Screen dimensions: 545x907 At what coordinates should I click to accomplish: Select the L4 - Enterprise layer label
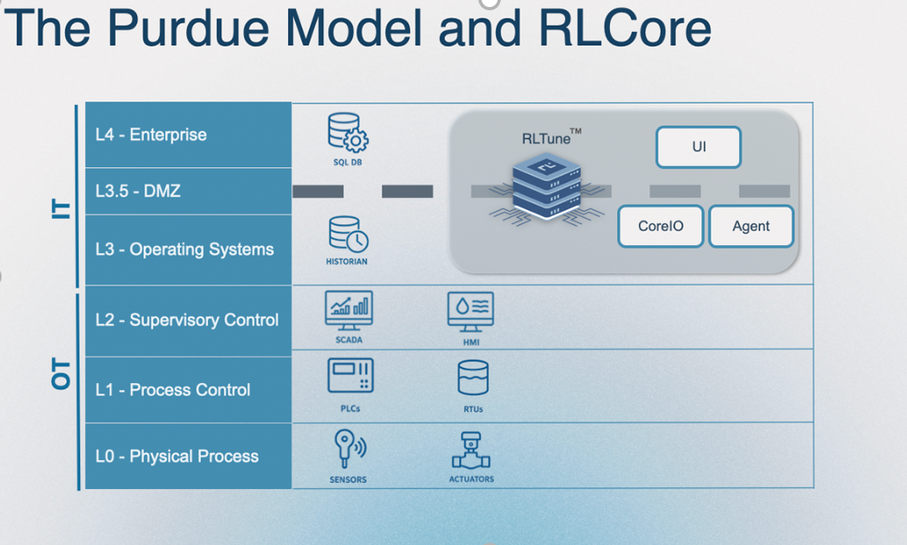pos(151,135)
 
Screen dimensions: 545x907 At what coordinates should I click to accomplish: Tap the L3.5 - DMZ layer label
pos(138,191)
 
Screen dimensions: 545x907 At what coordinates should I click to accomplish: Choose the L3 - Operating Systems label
pos(185,249)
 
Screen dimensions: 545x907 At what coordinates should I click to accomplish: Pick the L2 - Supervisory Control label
pos(187,320)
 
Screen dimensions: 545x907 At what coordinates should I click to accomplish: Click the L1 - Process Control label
pos(173,389)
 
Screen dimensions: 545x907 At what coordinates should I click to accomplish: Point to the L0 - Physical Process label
pos(177,456)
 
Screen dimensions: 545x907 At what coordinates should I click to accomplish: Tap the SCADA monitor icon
pos(348,309)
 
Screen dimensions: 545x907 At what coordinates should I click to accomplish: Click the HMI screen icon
pos(471,311)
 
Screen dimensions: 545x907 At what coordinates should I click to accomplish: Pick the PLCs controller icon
pos(350,375)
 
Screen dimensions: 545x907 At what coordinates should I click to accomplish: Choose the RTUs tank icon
pos(473,378)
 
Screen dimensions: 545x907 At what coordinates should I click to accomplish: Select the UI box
pos(698,147)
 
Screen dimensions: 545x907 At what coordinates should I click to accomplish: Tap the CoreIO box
pos(661,227)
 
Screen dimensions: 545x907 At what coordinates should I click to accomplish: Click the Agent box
pos(751,227)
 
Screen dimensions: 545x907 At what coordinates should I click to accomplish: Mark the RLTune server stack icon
pos(545,188)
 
